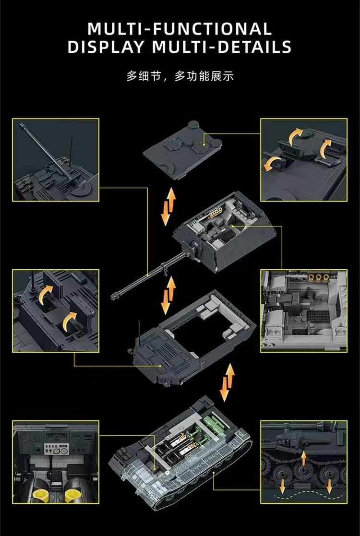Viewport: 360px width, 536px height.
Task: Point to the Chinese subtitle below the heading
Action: click(180, 76)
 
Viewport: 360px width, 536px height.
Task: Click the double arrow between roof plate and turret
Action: click(168, 207)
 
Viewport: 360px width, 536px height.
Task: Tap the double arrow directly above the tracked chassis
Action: click(228, 381)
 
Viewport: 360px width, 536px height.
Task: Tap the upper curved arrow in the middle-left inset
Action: click(45, 294)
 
